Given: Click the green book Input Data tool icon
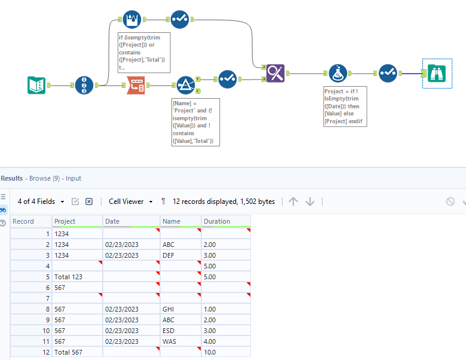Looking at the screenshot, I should point(36,86).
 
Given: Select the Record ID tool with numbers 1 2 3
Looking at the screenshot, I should point(85,86).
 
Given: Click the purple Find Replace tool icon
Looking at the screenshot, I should point(275,73).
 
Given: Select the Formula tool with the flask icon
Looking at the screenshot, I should point(338,73).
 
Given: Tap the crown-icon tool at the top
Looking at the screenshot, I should point(131,20).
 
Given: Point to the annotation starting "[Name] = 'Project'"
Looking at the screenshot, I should point(195,122).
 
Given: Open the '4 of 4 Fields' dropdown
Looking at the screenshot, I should point(41,202).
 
